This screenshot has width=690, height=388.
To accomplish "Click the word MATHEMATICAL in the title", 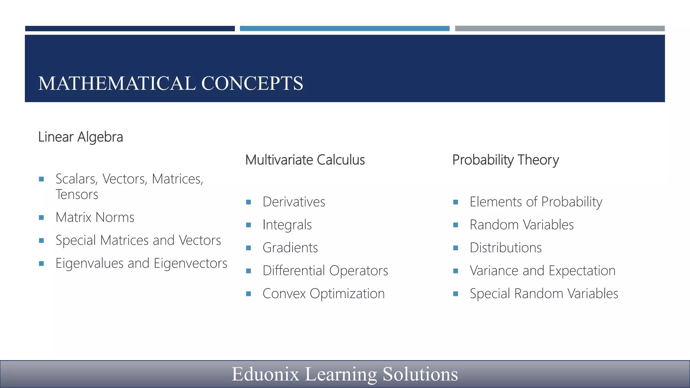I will click(x=117, y=84).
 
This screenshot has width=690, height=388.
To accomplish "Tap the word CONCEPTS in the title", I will click(x=252, y=84).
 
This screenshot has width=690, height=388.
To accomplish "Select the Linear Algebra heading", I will click(x=81, y=137).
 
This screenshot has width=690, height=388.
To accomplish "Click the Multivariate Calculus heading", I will click(x=305, y=160).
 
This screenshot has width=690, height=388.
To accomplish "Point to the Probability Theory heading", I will click(x=505, y=160).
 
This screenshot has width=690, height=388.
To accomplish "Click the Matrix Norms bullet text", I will click(x=95, y=218).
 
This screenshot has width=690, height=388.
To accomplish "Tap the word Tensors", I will click(x=77, y=195).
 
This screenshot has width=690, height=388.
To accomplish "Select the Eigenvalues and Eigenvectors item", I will click(x=141, y=263).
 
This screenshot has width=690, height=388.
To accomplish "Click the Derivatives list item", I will click(x=294, y=202).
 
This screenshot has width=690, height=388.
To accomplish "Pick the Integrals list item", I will click(x=287, y=225).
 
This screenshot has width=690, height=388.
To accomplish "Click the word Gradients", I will click(x=290, y=248).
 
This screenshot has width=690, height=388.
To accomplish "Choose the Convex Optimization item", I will click(x=323, y=294).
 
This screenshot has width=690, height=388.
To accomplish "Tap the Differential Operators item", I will click(x=325, y=271).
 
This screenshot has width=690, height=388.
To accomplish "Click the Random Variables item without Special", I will click(x=522, y=225).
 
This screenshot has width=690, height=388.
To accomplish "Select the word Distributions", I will click(x=506, y=248).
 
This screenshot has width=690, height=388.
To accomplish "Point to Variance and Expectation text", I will click(x=542, y=271).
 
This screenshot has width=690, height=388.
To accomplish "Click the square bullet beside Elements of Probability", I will click(x=456, y=202).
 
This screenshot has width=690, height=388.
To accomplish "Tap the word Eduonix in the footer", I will click(x=265, y=374).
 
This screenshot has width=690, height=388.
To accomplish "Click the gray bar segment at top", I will click(x=560, y=29).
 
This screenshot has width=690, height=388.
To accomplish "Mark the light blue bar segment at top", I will click(x=344, y=29).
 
